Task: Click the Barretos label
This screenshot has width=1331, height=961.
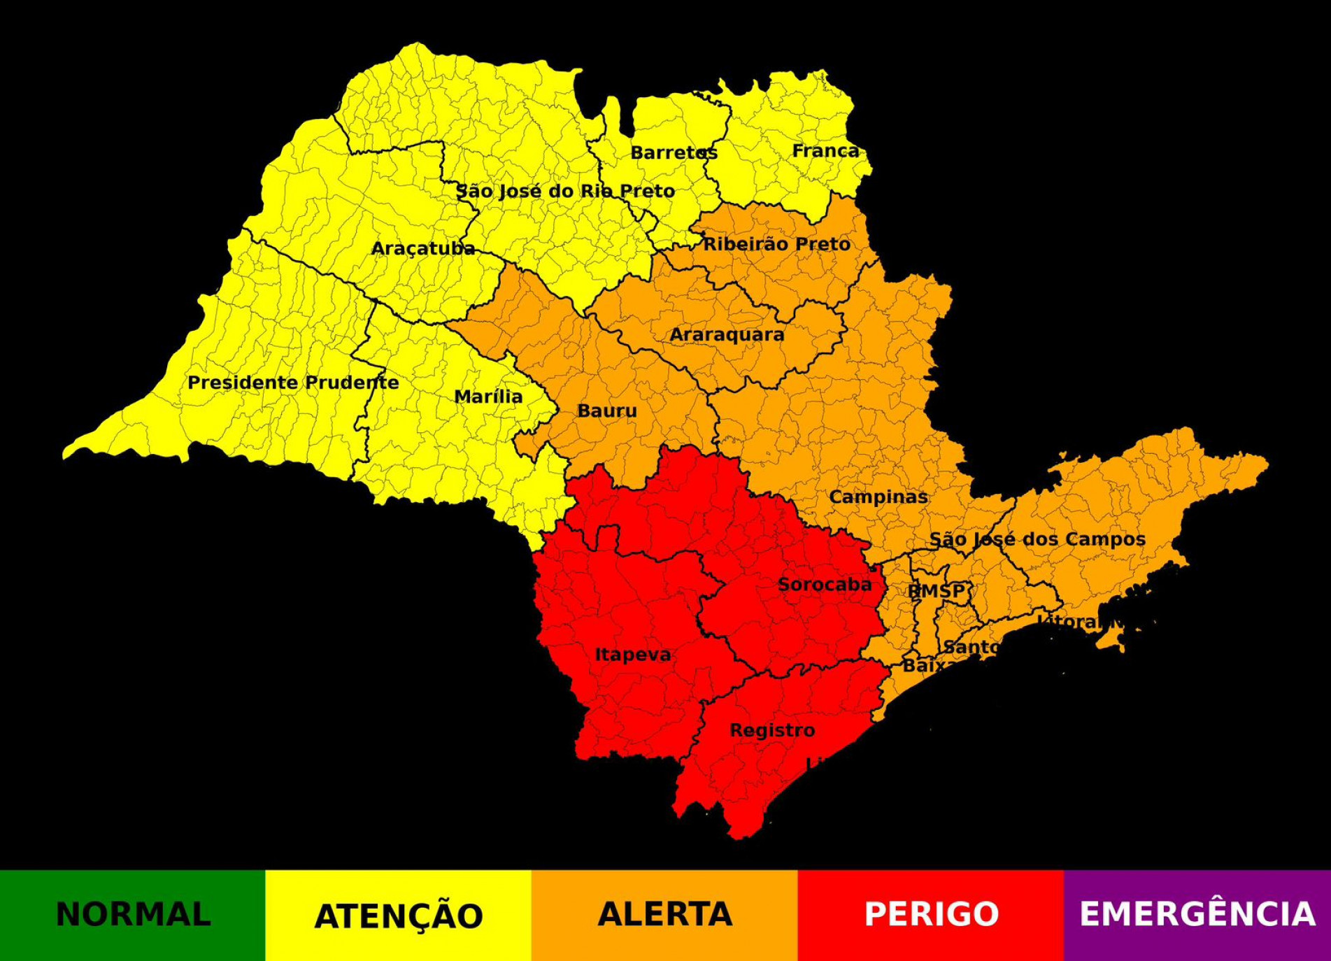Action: (674, 152)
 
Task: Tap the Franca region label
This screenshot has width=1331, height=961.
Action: (825, 150)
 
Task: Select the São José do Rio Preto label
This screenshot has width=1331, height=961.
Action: (565, 191)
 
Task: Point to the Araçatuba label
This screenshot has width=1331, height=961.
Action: (422, 248)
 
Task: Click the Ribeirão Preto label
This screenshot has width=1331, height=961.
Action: (776, 244)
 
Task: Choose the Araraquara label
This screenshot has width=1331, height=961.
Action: (727, 334)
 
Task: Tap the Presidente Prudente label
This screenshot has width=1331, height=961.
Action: (293, 383)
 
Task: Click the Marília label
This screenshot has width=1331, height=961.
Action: (488, 397)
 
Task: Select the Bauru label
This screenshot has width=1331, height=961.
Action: (607, 411)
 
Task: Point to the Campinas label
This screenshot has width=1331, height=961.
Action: (878, 497)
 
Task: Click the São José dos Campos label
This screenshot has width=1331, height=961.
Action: (1037, 539)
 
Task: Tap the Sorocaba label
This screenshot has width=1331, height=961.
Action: (825, 584)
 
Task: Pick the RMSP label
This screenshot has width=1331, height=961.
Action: (936, 591)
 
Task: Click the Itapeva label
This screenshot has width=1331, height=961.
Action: (633, 655)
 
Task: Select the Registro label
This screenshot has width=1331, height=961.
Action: (772, 730)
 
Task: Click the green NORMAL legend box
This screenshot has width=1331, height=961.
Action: (133, 915)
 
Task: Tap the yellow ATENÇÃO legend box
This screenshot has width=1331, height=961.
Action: (399, 915)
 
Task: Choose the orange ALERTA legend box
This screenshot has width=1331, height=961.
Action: (664, 915)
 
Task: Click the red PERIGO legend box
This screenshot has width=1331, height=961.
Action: (931, 915)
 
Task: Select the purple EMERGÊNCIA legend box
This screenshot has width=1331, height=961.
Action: (1197, 915)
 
